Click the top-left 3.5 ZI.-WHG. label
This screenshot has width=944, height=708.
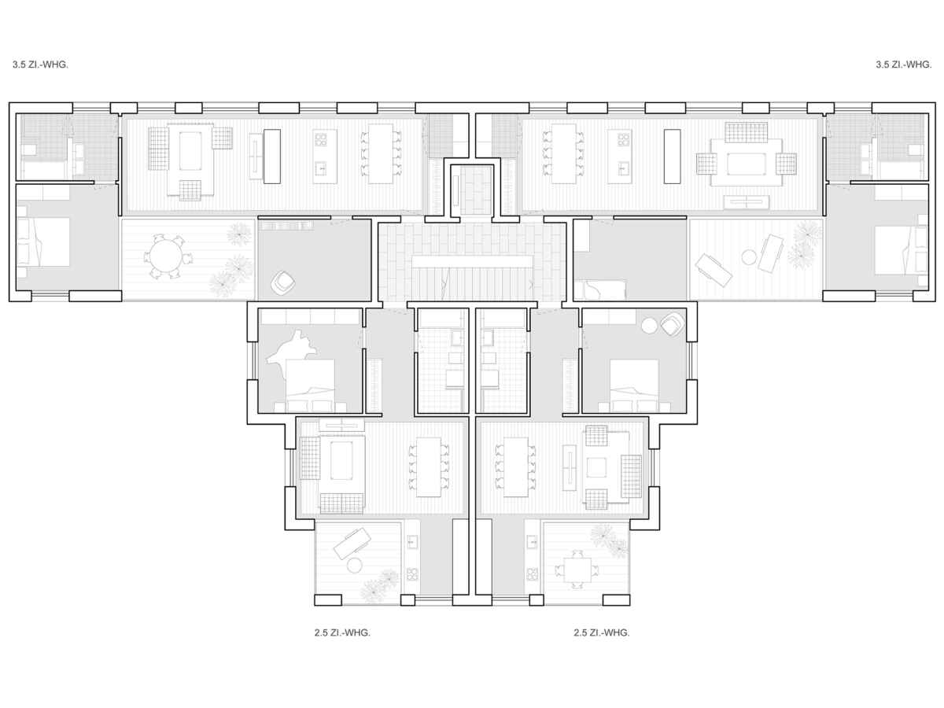click(40, 65)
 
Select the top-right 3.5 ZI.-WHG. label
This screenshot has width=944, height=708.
click(904, 65)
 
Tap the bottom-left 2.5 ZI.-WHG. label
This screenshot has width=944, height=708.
click(342, 632)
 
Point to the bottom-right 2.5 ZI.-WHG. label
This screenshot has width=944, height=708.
click(601, 632)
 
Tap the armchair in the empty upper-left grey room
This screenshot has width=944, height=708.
click(282, 281)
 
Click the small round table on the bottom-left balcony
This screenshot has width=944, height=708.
click(354, 566)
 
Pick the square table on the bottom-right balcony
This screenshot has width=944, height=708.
click(577, 570)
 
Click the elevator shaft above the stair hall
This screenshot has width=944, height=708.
click(475, 190)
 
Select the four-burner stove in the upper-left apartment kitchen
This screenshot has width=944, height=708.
click(321, 140)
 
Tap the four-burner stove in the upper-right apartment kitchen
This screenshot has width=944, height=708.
click(623, 140)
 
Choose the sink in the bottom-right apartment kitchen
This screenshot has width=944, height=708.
click(532, 542)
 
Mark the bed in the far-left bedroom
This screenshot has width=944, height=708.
click(43, 242)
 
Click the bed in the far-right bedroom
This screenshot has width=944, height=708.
click(901, 251)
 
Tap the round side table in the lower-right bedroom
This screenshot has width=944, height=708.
click(650, 326)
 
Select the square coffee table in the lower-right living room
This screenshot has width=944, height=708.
click(596, 467)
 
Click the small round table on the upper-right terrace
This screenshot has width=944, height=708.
click(749, 257)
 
